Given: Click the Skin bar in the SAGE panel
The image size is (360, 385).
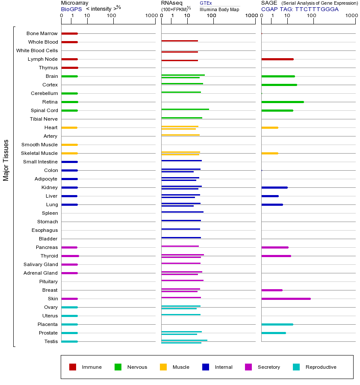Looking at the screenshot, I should (286, 299).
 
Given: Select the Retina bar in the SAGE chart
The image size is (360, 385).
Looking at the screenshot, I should (282, 102).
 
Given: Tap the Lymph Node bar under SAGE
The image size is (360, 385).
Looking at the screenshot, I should (277, 59).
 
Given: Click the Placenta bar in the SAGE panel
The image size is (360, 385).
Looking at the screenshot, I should (277, 324).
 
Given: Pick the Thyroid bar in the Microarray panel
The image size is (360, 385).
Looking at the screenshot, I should (70, 256).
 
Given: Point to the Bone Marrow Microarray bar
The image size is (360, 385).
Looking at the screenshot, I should (69, 33).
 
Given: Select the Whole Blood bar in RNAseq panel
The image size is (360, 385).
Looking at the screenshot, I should (180, 41).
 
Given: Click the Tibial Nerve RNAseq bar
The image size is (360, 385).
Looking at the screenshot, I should (182, 118).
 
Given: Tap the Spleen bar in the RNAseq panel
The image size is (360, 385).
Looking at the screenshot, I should (182, 212).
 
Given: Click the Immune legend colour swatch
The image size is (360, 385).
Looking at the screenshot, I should (73, 367).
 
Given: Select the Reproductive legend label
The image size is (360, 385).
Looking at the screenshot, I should (321, 367).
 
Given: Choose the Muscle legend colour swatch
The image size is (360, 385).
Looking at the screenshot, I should (163, 367).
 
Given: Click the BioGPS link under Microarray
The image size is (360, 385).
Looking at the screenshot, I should (71, 9).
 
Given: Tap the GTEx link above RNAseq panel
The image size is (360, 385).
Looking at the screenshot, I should (206, 3).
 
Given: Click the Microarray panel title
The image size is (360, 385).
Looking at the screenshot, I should (74, 3).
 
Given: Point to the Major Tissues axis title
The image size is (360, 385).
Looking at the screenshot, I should (6, 160).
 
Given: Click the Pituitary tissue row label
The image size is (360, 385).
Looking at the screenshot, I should (48, 281).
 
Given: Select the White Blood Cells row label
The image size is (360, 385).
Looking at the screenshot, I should (37, 50).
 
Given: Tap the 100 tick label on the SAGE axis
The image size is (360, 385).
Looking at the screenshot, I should (312, 16).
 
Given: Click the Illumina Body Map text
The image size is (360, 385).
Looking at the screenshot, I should (219, 9).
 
